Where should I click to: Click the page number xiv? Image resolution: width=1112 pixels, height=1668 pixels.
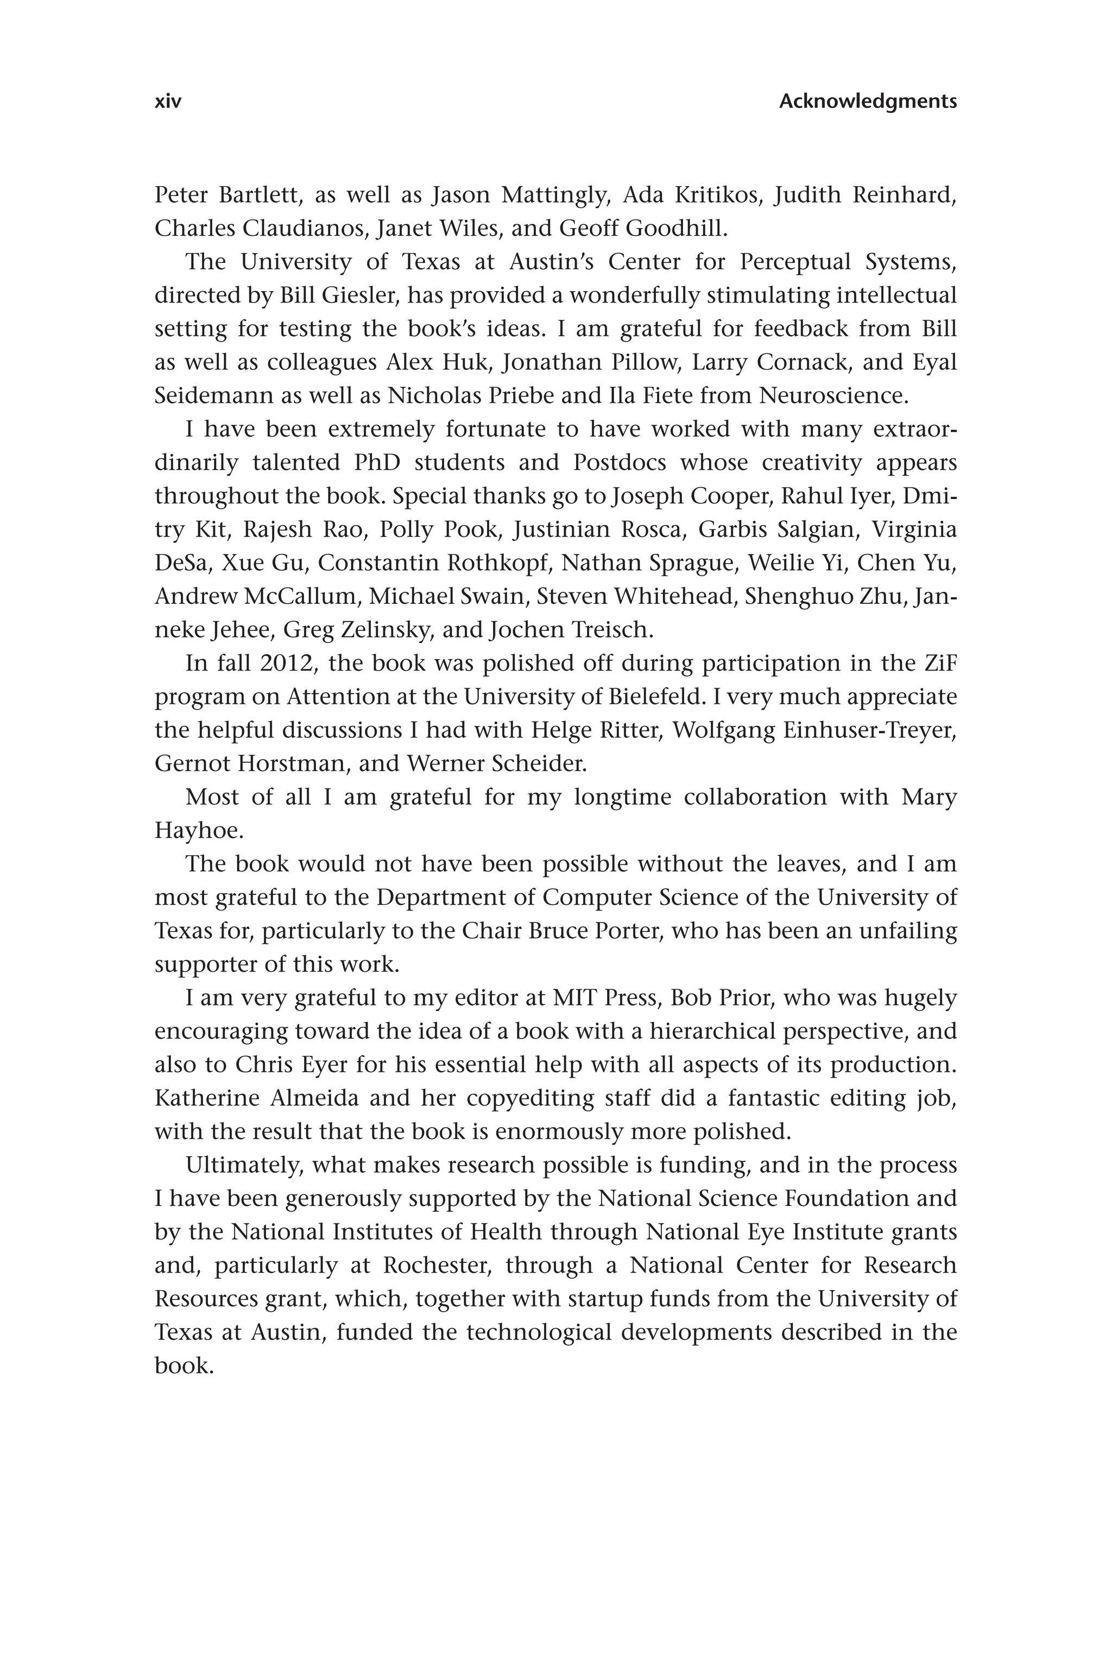click(x=168, y=102)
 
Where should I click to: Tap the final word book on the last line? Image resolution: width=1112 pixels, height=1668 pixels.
click(x=184, y=1365)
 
